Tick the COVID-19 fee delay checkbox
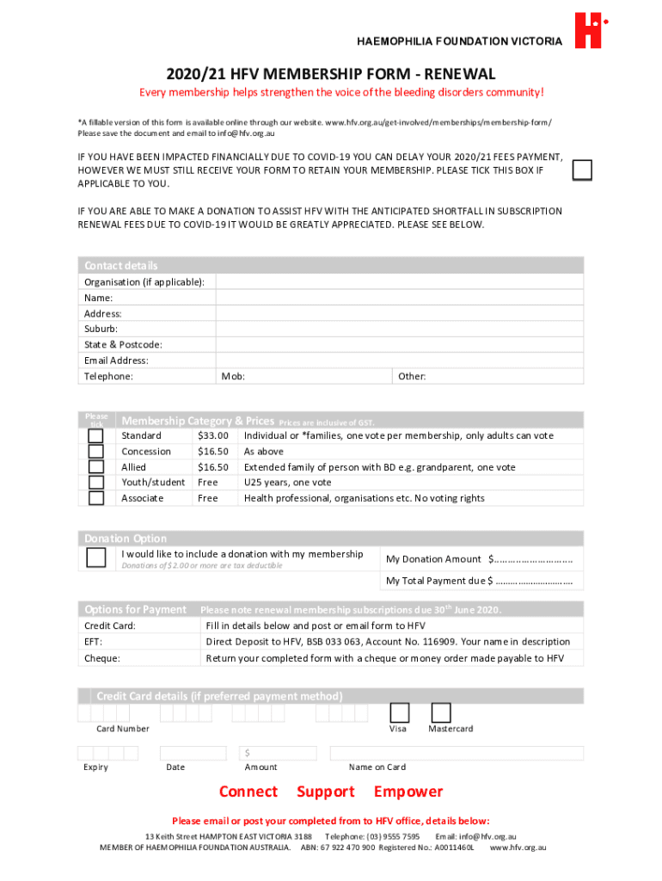tap(582, 170)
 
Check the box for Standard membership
tap(96, 436)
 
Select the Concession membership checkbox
tap(96, 452)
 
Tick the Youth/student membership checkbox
tap(96, 483)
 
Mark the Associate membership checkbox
tap(96, 498)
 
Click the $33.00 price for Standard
tap(212, 436)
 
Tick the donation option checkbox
tap(96, 558)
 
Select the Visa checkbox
tap(399, 712)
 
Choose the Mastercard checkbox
tap(440, 712)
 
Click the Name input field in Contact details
tap(399, 298)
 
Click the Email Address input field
tap(399, 360)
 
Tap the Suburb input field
tap(399, 329)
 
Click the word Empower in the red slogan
tap(408, 792)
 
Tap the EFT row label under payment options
tap(93, 642)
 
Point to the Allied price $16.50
tap(212, 467)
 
